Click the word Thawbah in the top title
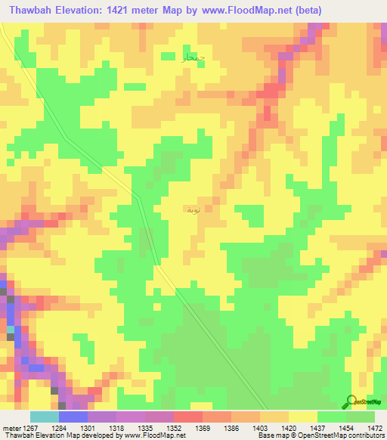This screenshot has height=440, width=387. (31, 11)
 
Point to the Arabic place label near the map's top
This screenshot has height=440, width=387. (193, 57)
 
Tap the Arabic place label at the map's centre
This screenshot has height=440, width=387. (193, 209)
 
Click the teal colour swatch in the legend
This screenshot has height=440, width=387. (45, 417)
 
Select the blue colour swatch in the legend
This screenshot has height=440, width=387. (73, 417)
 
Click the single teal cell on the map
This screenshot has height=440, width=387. (11, 330)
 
